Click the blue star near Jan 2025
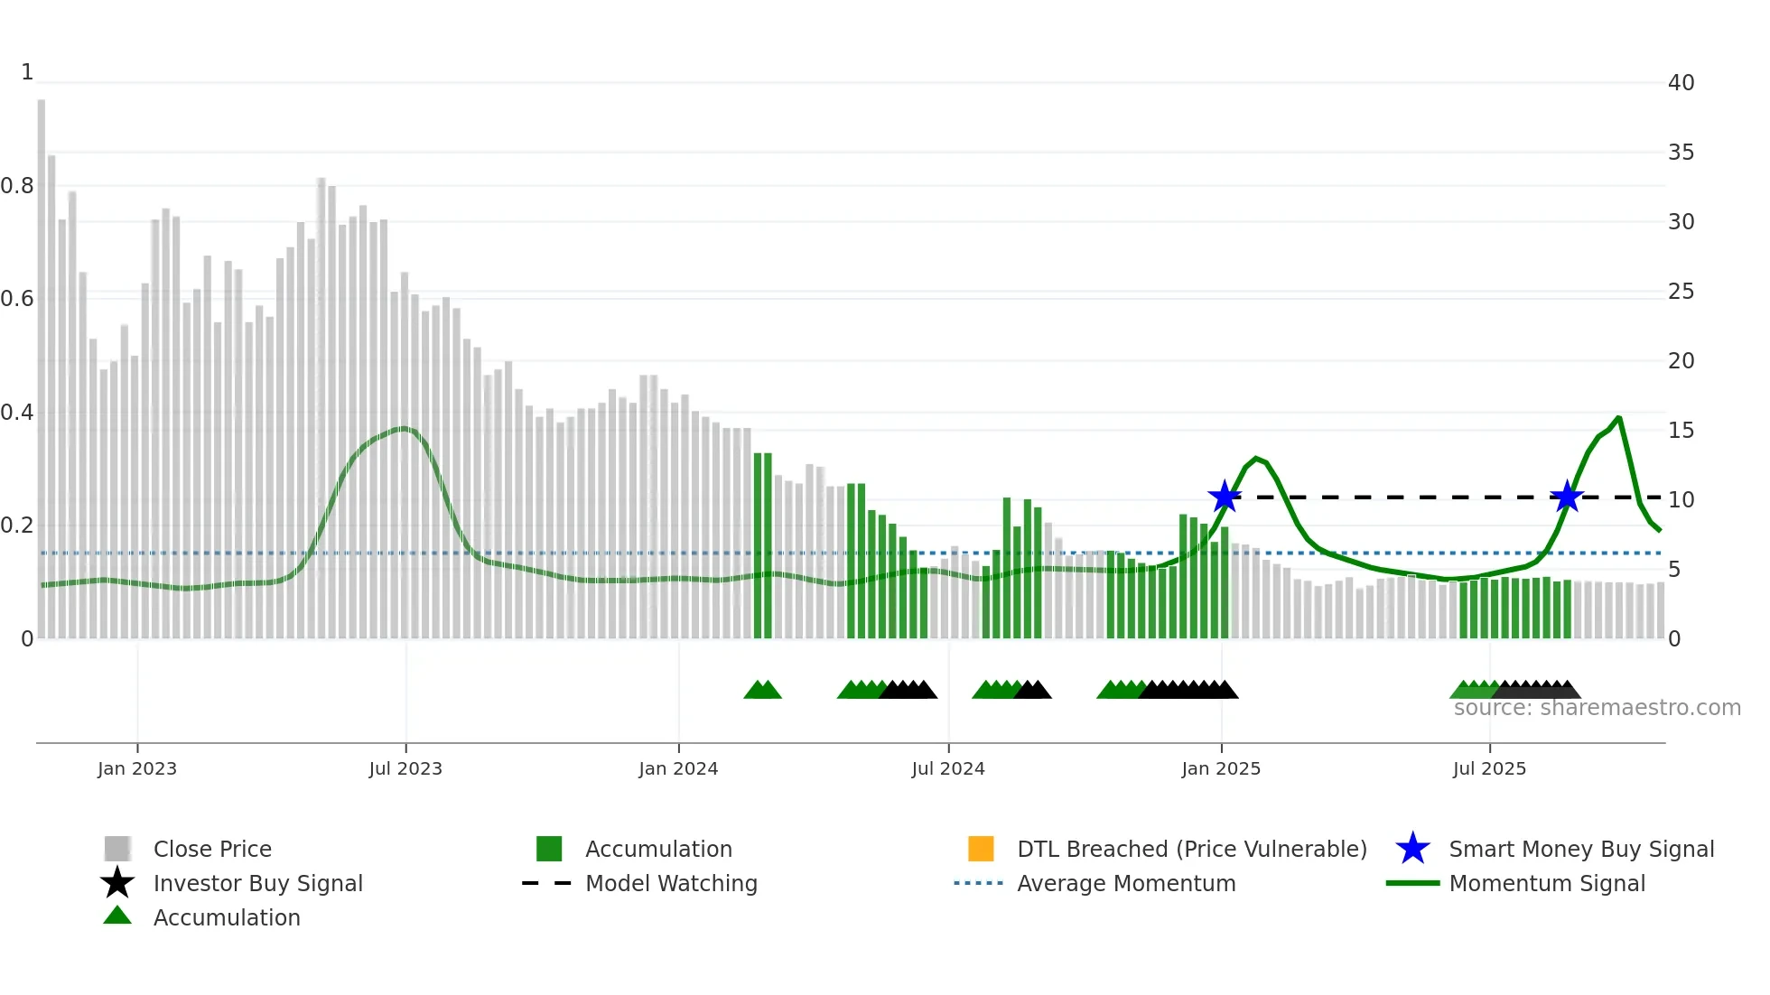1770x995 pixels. click(1225, 497)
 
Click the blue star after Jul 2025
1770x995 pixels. click(1567, 497)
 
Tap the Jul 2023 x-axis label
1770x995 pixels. click(405, 768)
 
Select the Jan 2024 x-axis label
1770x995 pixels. click(678, 768)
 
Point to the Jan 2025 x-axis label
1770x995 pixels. click(1221, 768)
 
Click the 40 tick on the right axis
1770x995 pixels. click(1681, 83)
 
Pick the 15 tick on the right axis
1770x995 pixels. click(1681, 431)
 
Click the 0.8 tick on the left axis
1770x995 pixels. click(17, 186)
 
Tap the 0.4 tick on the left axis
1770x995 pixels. click(17, 413)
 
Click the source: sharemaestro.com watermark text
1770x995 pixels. click(1597, 708)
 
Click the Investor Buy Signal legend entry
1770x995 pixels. click(257, 883)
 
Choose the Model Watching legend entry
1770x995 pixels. click(671, 883)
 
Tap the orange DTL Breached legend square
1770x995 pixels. click(981, 849)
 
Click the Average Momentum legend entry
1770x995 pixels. click(1125, 883)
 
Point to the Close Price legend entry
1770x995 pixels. click(212, 849)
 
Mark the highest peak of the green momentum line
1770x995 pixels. click(1618, 417)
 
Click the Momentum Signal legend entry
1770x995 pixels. click(1546, 883)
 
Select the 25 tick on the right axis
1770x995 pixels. click(1681, 292)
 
